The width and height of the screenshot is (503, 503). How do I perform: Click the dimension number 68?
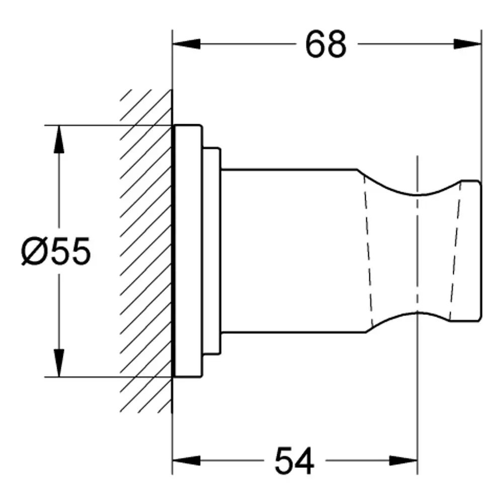point(326,45)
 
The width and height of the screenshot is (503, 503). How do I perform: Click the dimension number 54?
point(294,461)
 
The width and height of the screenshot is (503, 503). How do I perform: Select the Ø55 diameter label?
point(56,251)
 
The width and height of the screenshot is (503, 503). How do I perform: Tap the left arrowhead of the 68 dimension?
point(187,44)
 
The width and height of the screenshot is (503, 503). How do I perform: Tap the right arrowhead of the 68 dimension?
point(467,44)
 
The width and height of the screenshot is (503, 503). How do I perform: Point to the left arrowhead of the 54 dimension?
point(187,461)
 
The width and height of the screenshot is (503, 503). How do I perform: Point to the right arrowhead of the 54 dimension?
point(403,461)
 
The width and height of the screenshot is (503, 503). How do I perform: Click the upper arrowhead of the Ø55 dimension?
point(59,139)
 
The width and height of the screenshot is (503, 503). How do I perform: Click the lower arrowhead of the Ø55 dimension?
point(59,363)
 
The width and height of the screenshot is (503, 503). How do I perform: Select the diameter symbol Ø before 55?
point(35,251)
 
